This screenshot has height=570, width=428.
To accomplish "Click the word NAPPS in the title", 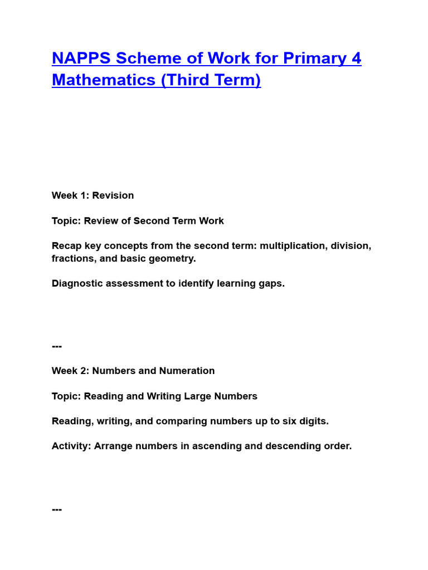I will click(x=81, y=58).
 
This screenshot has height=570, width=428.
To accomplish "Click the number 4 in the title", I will click(x=356, y=58).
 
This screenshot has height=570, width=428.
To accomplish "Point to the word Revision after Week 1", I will click(x=113, y=195).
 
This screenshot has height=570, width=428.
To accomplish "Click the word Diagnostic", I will click(x=77, y=283).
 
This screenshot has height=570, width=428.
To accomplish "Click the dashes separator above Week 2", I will click(x=57, y=346).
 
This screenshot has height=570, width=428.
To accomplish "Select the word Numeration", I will click(x=187, y=371).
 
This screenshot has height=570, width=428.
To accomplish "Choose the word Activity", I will click(x=71, y=446).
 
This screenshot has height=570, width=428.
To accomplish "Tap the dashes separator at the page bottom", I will click(x=57, y=509).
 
